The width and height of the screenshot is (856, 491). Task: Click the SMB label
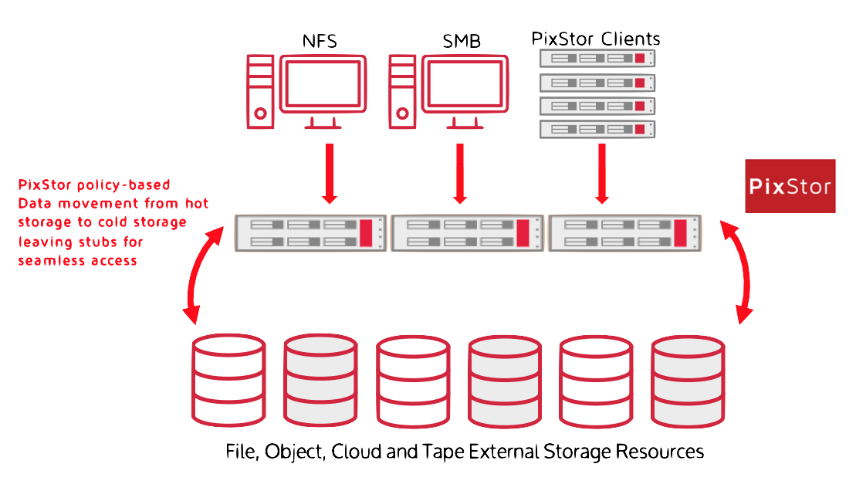tap(462, 41)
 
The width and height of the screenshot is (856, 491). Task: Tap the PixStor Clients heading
tap(597, 39)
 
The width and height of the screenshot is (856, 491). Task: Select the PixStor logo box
tap(790, 186)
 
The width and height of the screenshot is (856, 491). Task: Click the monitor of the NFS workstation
tap(322, 84)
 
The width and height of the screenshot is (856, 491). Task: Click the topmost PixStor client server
tap(597, 59)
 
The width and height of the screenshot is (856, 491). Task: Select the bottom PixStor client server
tap(597, 129)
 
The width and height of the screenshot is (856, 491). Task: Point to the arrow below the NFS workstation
tap(330, 174)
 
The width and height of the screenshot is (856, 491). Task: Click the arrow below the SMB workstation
tap(460, 174)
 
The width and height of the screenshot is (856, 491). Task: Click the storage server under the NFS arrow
tap(310, 234)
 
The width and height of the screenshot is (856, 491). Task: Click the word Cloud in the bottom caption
tap(357, 452)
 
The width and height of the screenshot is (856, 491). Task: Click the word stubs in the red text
tap(103, 242)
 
